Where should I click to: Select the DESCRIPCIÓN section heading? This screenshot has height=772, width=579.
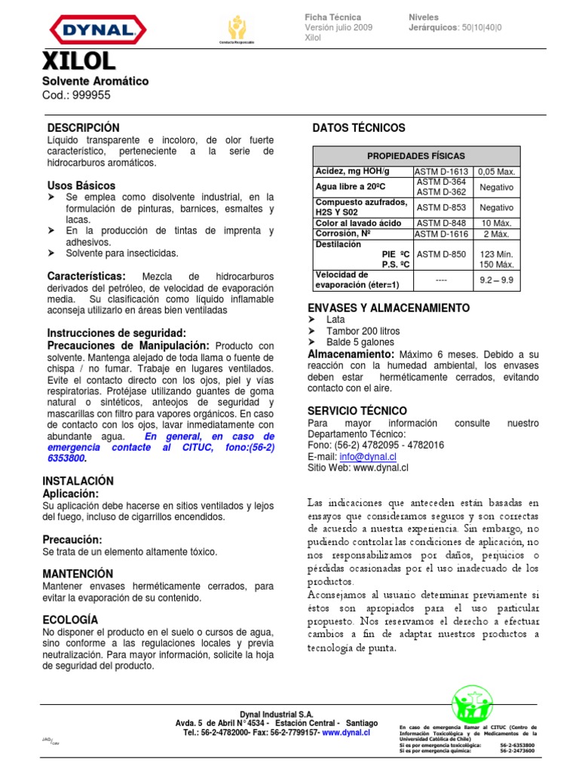pyautogui.click(x=84, y=128)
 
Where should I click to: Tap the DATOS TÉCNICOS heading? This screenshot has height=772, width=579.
pyautogui.click(x=358, y=128)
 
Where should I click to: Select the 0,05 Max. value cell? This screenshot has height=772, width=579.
pyautogui.click(x=496, y=171)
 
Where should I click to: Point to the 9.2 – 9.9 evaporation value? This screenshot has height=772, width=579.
pyautogui.click(x=496, y=280)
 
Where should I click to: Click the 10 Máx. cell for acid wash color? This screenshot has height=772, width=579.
pyautogui.click(x=496, y=223)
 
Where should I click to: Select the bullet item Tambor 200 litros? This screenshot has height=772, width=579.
pyautogui.click(x=363, y=331)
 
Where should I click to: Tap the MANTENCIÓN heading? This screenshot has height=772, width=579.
pyautogui.click(x=78, y=574)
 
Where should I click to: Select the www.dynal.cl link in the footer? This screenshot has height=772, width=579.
pyautogui.click(x=346, y=732)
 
